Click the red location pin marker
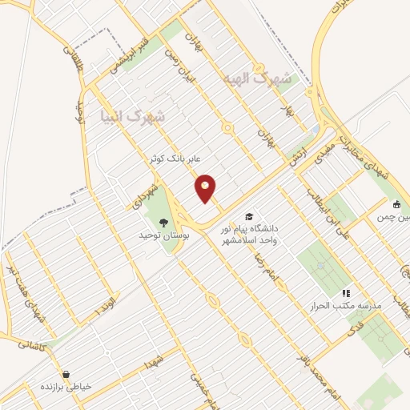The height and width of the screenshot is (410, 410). point(206,188)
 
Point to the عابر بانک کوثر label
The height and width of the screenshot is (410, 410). point(173,159)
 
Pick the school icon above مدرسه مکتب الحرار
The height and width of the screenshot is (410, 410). point(346,294)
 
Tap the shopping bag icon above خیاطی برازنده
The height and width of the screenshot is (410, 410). point(66,374)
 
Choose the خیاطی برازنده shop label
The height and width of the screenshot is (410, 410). point(67,386)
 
